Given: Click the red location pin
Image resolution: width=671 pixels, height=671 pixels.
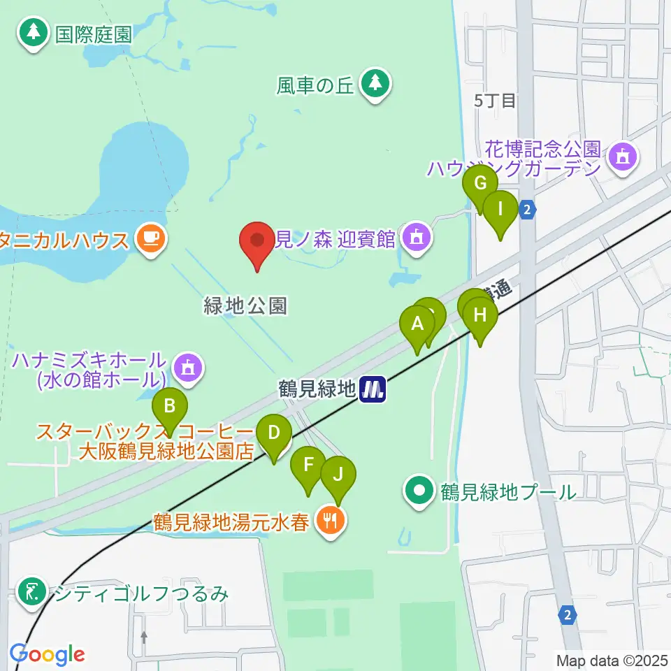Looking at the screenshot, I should coord(257,242).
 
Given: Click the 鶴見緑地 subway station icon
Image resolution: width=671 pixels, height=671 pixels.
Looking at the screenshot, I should coord(373,389).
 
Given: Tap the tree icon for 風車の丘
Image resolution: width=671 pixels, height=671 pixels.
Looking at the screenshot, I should coord(376,83).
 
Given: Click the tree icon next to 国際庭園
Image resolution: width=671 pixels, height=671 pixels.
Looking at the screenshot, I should coord(32,33).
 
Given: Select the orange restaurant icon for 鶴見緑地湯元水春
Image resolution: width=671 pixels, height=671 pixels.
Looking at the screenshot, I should coord(329,519).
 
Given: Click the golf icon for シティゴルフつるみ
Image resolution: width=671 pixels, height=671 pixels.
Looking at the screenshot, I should coord(31,593).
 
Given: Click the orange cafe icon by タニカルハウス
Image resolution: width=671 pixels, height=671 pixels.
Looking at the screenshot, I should coord(150,239).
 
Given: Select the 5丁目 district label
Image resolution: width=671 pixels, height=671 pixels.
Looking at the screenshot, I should coord(495,101).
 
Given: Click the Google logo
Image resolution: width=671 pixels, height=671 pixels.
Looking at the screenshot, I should coord(47,654).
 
